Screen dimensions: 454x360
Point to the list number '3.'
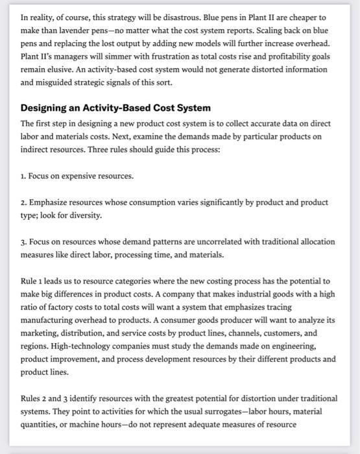click(x=24, y=241)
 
